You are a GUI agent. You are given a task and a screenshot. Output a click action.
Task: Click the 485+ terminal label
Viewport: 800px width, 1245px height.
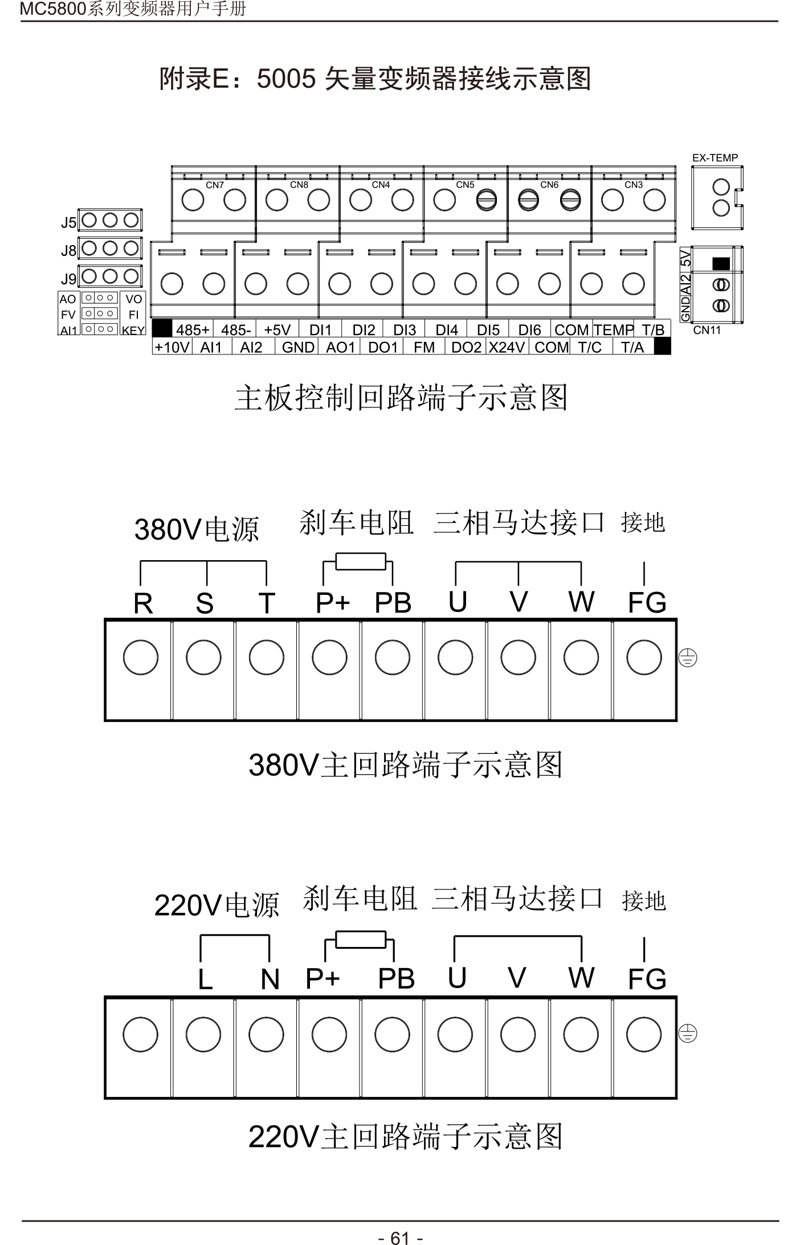pos(193,330)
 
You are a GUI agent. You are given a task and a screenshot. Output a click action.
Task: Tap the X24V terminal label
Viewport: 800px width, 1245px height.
pos(507,347)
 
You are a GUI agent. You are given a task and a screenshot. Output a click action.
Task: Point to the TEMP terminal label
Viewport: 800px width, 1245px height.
pos(613,330)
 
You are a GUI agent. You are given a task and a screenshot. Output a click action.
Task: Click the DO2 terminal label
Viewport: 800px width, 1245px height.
pos(466,347)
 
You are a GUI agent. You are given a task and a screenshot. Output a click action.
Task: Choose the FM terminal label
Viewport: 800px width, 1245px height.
pos(424,347)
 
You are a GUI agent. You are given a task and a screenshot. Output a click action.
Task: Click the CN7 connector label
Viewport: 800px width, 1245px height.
pos(215,185)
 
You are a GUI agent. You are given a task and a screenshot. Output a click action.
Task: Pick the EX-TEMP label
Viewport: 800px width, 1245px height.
pos(715,158)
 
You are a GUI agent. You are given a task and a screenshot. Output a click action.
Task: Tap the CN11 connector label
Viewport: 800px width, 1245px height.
pos(707,330)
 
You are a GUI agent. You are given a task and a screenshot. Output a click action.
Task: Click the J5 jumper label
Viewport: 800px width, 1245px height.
pos(68,223)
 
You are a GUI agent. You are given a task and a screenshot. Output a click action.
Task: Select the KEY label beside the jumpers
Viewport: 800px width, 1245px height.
pos(133,330)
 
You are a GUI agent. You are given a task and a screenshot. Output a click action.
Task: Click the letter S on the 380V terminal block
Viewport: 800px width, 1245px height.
pos(205,603)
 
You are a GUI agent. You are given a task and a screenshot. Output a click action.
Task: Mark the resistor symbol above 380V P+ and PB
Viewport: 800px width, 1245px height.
pos(360,561)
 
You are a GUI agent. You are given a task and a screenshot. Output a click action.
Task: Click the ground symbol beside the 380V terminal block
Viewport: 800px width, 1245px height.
pos(688,658)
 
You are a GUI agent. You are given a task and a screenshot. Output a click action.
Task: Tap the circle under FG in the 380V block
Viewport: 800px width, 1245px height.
pos(644,657)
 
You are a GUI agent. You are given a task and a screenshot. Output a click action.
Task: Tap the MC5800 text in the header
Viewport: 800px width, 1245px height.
pos(52,9)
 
